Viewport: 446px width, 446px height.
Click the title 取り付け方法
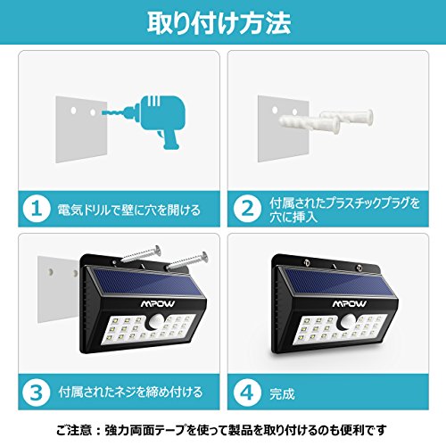tap(219, 23)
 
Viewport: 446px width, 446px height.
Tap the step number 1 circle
tap(36, 209)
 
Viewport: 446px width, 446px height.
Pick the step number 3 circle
tap(36, 392)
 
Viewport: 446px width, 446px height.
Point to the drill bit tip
tap(103, 112)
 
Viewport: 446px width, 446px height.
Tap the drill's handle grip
tap(171, 138)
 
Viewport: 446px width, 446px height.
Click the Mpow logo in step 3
tap(158, 303)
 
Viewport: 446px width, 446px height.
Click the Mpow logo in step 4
tap(350, 303)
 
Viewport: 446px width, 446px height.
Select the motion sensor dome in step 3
tap(156, 321)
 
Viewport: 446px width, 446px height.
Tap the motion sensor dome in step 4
tap(348, 321)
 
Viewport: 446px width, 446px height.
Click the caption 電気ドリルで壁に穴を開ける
tap(129, 210)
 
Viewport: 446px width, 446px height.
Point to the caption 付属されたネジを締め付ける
tap(130, 392)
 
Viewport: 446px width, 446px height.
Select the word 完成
tap(282, 393)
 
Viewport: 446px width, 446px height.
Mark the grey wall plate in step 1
tap(81, 129)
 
